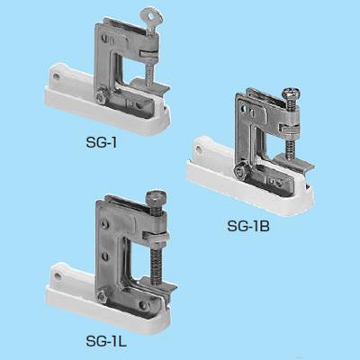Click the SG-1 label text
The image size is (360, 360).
[101, 143]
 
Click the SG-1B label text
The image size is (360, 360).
[248, 226]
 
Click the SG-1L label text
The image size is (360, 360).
[106, 341]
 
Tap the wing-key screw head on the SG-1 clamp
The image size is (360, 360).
[151, 15]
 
